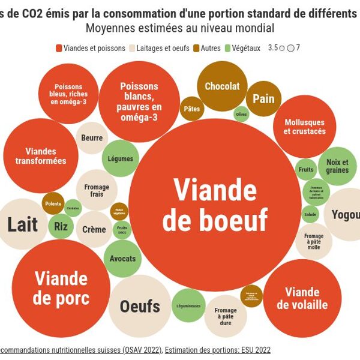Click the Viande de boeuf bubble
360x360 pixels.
point(214,205)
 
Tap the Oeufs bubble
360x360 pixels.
point(140,306)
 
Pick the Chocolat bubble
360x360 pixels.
point(221,86)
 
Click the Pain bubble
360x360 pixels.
point(263,98)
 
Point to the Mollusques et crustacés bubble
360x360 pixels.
point(304,127)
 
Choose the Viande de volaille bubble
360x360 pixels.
point(302,298)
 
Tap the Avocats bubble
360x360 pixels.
point(123,259)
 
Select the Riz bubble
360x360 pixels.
point(61,226)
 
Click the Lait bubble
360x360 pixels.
point(23,224)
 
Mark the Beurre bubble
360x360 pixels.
point(92,138)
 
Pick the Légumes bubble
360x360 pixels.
point(121,159)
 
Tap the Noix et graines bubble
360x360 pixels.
point(337,166)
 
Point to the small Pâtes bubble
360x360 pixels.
point(192,109)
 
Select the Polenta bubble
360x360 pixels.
point(53,203)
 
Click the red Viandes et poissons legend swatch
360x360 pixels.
point(59,49)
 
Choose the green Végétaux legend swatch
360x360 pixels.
point(227,49)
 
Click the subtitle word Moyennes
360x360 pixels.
point(111,28)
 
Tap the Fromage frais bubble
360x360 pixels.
point(97,191)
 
